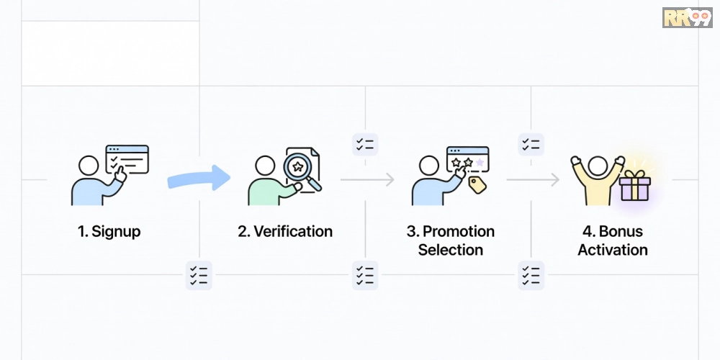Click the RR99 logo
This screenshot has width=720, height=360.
[687, 17]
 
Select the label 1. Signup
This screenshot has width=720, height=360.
[109, 231]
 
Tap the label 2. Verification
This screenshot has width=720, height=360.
[285, 231]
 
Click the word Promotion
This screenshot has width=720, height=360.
[458, 231]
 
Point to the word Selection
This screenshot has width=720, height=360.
[451, 250]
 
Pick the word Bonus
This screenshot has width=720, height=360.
[621, 231]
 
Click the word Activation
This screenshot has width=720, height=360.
[613, 250]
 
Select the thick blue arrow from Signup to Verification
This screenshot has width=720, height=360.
[199, 178]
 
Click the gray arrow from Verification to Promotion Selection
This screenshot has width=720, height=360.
[367, 179]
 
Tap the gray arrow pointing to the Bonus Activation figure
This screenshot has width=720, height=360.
[533, 179]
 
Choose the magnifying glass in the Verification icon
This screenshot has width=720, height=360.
[301, 171]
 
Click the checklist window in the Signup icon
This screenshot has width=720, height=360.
[127, 159]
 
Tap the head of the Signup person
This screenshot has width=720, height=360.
[89, 166]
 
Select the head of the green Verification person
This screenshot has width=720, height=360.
[265, 166]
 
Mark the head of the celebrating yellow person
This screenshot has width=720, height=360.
[598, 166]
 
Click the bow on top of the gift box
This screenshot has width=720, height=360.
[635, 174]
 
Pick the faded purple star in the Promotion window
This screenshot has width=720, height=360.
[480, 162]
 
